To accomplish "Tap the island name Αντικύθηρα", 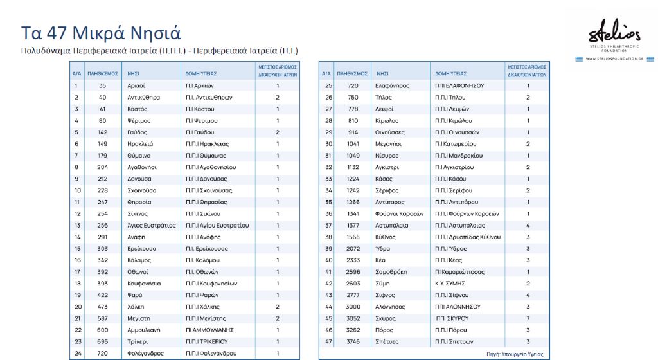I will coord(143,97).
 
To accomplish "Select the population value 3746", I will coord(353,341).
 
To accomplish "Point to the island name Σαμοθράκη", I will coord(392,272).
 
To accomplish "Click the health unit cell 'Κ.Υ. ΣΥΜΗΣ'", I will coord(450,283).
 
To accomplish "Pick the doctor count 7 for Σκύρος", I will coord(528,318).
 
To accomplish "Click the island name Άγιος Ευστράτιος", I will coord(152,226).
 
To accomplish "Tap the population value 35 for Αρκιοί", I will coord(102,85).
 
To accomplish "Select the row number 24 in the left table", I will coord(77,353).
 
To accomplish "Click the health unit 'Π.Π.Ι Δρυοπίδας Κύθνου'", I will coord(467,237).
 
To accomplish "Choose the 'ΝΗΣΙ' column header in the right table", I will coord(382,73).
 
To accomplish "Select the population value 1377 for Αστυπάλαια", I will coord(353,226).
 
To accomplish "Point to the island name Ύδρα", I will coord(383,249).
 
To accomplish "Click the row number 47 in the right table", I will coord(328,341).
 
